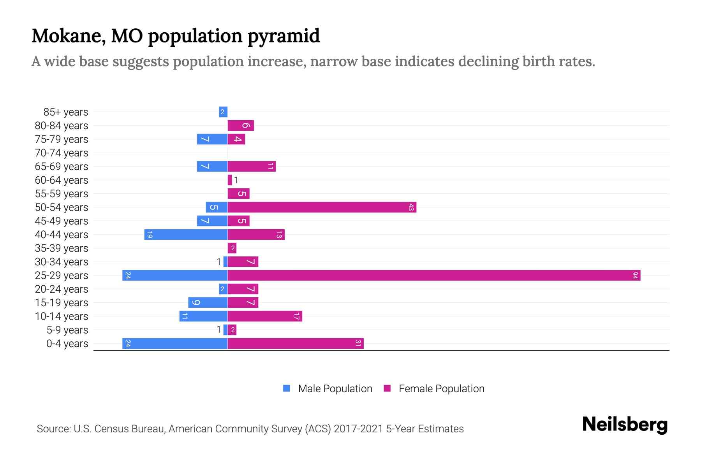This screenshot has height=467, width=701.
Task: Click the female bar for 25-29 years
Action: [434, 276]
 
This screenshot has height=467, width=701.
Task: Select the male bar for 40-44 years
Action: [186, 235]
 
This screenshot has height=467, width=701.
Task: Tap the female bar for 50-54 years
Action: [322, 207]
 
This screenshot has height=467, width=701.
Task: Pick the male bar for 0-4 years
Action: [175, 344]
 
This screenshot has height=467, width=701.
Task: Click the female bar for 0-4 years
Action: [295, 344]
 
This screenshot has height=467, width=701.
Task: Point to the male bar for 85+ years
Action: [223, 112]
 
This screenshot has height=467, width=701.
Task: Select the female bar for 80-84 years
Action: [241, 126]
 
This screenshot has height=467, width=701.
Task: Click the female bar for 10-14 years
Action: [265, 316]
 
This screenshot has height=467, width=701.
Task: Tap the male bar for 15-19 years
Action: [208, 303]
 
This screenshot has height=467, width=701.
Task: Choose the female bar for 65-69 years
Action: [252, 167]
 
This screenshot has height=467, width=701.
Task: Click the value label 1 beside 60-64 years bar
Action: [236, 180]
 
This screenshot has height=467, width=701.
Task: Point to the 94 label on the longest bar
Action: [635, 276]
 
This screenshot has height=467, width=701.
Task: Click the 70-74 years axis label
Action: [62, 153]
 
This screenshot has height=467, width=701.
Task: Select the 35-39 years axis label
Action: [62, 248]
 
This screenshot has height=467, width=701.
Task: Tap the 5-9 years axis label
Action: [67, 330]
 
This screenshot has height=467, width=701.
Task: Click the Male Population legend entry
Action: [335, 389]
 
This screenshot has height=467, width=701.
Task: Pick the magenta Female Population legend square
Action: [387, 388]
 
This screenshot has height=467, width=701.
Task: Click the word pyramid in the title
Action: [284, 36]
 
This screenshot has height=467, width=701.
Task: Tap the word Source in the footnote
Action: [53, 429]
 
